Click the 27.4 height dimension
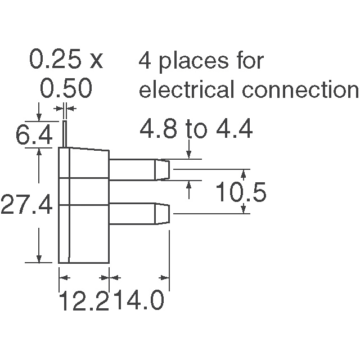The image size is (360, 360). click(x=26, y=204)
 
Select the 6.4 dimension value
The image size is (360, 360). click(x=34, y=134)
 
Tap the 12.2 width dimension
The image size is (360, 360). click(x=84, y=300)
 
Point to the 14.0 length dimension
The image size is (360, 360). click(x=137, y=300)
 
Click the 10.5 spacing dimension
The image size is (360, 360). click(x=241, y=191)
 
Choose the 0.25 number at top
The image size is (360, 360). click(x=55, y=58)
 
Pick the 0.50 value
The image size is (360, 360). click(x=66, y=88)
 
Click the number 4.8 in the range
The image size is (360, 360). click(x=159, y=129)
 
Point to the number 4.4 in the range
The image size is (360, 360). click(x=234, y=129)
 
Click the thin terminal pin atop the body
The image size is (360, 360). click(x=65, y=134)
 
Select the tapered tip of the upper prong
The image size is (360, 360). click(x=163, y=170)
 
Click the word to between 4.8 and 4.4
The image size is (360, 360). click(x=196, y=130)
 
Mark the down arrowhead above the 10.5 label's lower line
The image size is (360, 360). click(x=244, y=209)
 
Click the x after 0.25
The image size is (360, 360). click(x=97, y=62)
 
